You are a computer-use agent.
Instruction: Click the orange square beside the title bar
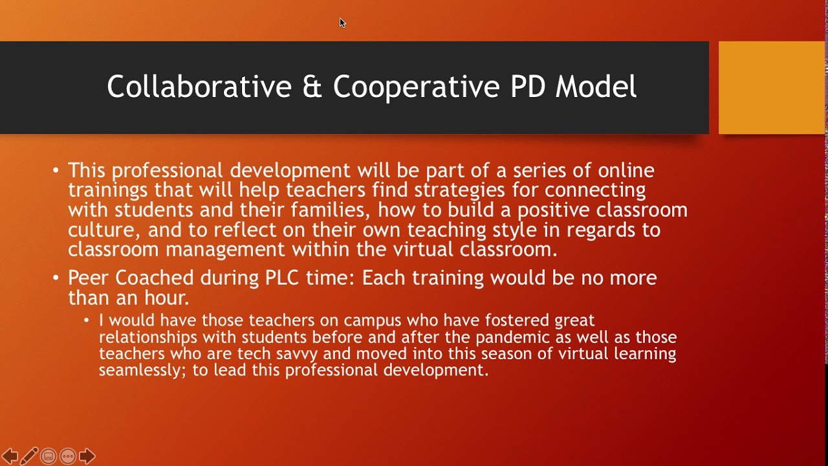pos(772,87)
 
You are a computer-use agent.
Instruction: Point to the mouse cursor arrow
pos(342,23)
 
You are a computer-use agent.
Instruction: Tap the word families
pos(331,210)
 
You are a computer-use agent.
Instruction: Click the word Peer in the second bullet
pos(89,278)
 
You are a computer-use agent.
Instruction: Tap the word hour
pos(166,298)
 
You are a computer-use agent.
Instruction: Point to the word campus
pos(372,320)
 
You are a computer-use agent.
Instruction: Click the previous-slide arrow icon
pos(10,456)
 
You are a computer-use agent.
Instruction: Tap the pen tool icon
pos(29,456)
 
